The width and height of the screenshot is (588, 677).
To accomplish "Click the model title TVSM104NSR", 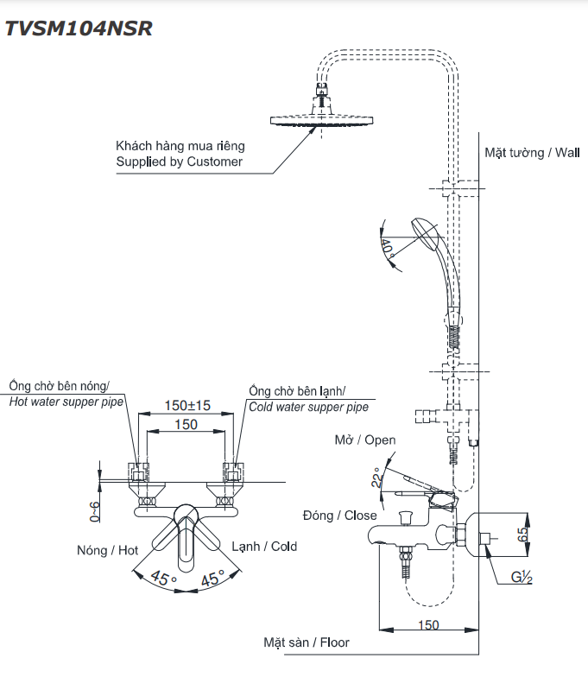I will click(79, 28).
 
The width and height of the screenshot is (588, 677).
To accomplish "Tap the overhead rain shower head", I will click(320, 121).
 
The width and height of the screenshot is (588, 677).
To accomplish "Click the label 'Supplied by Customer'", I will click(180, 161).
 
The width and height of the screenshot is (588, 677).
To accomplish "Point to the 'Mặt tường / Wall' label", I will click(532, 153).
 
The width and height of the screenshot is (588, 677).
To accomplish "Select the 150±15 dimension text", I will click(187, 405).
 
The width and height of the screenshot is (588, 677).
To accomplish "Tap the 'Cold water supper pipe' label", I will click(308, 407).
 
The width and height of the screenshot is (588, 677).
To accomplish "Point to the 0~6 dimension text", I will click(95, 511).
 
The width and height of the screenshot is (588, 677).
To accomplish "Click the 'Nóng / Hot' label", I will click(107, 550).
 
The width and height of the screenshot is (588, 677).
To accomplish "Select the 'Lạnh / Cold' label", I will click(264, 546).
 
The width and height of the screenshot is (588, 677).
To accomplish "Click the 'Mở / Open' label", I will click(365, 440).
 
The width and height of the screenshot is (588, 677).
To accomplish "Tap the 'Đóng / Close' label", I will click(340, 516).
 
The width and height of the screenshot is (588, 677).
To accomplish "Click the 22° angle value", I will click(376, 479).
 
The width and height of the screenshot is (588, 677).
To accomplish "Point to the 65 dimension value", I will click(523, 533).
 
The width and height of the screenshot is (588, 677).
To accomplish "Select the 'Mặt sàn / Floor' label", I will click(307, 642).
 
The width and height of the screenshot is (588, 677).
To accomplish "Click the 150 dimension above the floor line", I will click(427, 624).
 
